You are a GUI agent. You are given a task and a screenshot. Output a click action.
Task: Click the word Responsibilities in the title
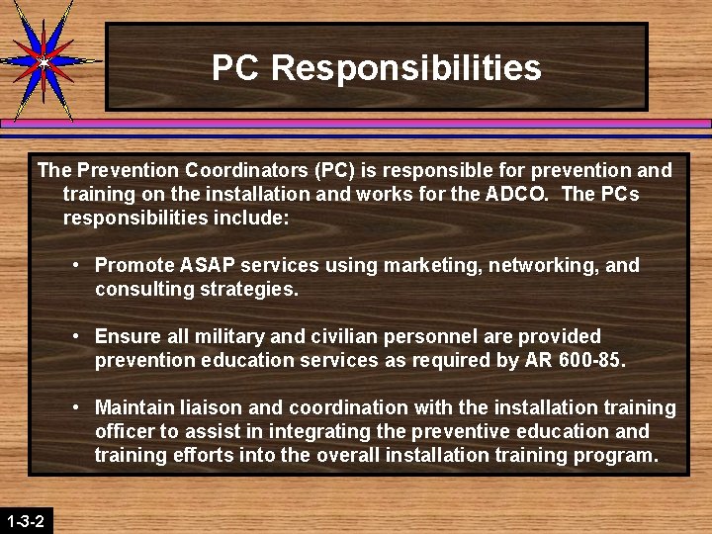click(405, 68)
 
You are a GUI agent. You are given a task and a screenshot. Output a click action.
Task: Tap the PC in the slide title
click(235, 68)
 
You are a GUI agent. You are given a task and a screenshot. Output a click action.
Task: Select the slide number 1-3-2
click(25, 520)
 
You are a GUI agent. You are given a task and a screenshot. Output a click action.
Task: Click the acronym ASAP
click(207, 265)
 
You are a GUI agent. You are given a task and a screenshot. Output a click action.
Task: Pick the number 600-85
click(587, 361)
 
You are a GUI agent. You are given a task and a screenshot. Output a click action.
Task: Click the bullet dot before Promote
click(75, 265)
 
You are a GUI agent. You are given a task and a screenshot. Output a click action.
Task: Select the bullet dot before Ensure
click(75, 337)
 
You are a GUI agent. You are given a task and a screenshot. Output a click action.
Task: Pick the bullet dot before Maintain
click(75, 407)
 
